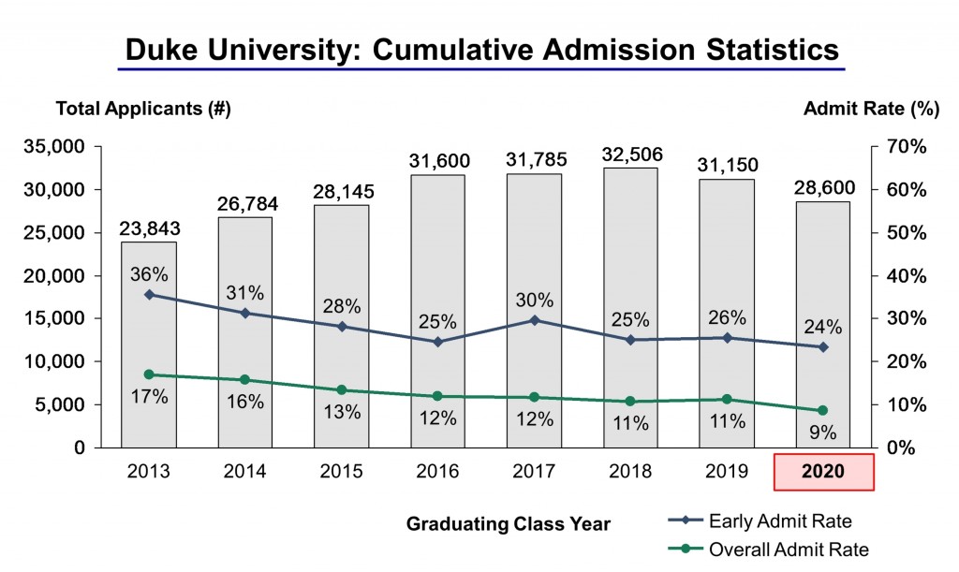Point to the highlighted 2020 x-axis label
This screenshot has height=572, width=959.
tap(824, 472)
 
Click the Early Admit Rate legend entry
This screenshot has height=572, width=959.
tap(780, 521)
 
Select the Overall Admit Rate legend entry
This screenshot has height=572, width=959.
tap(788, 550)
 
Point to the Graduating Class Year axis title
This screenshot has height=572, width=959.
tap(508, 524)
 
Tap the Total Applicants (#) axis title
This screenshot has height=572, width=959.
tap(143, 109)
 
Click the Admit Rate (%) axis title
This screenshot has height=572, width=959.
tap(871, 109)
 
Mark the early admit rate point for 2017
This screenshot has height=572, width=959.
tap(534, 320)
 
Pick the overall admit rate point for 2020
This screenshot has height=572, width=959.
tap(823, 410)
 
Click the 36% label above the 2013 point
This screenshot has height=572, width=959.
tap(149, 274)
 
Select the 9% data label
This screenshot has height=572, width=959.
tap(822, 433)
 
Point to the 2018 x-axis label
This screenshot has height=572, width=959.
tap(630, 472)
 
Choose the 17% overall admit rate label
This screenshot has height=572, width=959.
tap(149, 397)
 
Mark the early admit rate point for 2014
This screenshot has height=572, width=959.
tap(245, 313)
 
